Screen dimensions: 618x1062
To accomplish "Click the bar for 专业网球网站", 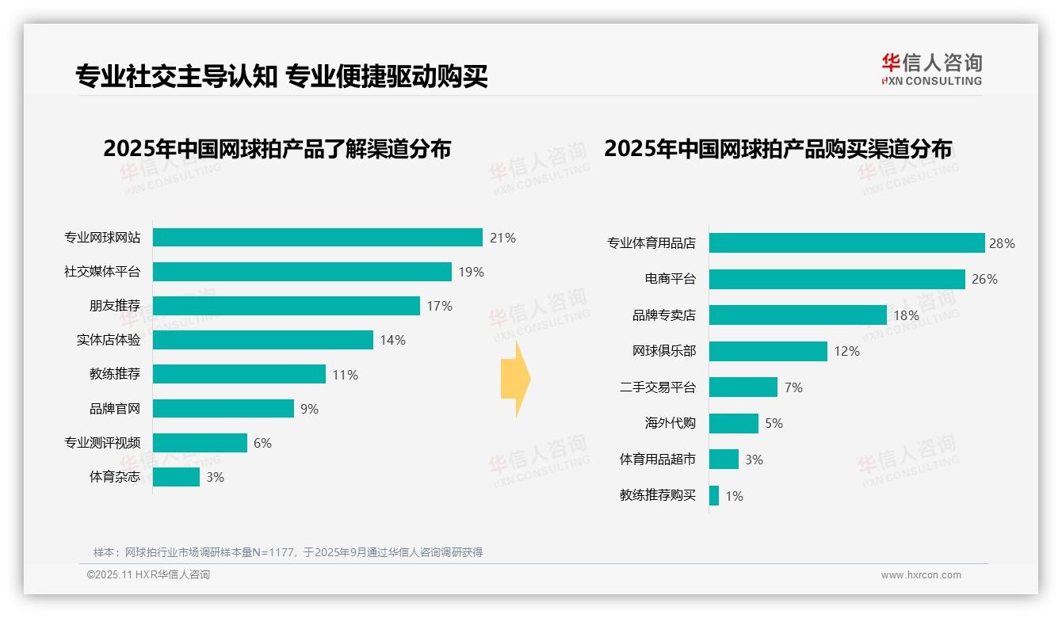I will coord(317,238).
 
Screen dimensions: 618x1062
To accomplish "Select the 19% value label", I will coord(471,272).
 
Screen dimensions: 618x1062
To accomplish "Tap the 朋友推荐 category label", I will coord(114,306).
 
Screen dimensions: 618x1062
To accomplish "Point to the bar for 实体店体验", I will coord(262,340).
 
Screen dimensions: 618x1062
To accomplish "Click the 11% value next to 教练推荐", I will coord(345,375).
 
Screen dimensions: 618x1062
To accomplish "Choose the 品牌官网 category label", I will coord(114,409).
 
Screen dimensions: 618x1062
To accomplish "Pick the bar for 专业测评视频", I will coord(200,443).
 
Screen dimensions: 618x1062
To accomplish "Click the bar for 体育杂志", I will coord(176,477).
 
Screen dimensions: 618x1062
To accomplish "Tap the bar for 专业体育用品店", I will coord(846,243).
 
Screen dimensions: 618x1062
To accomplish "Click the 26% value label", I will coord(984,279).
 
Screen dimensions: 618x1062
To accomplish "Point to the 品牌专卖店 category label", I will coord(663,315).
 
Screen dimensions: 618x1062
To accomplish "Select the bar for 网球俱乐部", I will coord(768,351).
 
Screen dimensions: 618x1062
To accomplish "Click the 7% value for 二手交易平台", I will coord(793,387).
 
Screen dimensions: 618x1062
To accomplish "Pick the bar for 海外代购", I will coord(733,423).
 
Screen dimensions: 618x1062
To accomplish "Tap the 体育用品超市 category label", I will coord(657,460).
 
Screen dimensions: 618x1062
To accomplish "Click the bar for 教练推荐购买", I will coord(714,496).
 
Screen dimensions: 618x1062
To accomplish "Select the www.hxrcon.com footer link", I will coord(921,575).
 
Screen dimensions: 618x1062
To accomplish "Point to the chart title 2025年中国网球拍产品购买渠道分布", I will coord(777,149).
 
